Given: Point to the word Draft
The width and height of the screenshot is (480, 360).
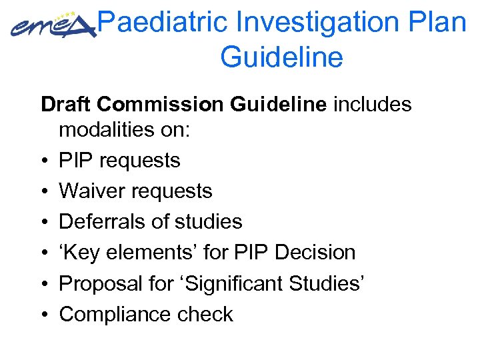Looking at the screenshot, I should (x=65, y=105).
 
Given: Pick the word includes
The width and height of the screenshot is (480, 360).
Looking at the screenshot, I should (x=373, y=105).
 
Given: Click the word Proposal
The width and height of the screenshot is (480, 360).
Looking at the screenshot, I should (x=96, y=283).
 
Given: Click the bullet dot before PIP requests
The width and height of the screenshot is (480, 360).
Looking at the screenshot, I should (x=43, y=161).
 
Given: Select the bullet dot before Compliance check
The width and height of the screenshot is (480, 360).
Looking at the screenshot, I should (x=43, y=315).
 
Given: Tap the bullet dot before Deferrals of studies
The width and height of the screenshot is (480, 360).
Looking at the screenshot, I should (x=43, y=223).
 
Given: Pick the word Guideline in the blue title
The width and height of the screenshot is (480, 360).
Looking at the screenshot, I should (x=281, y=57).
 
